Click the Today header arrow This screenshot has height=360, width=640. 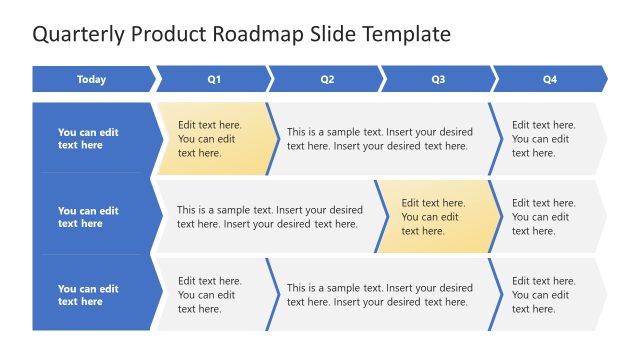coord(92,80)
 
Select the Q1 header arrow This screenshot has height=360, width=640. coord(213,80)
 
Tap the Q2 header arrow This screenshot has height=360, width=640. coord(326,80)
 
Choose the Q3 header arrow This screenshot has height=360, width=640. coord(438,80)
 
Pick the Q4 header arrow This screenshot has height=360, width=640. coord(549,80)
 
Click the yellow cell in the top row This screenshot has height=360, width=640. coord(213,139)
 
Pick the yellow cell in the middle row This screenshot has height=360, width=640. coord(437,217)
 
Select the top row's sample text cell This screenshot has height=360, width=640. coord(380,139)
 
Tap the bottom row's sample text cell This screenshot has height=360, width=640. coord(380,295)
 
